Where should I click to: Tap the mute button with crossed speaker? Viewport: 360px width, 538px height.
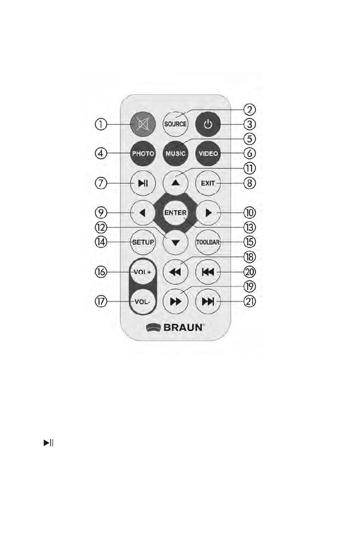(142, 124)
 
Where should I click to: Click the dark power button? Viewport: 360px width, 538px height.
(208, 124)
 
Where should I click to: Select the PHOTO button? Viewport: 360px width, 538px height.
(142, 153)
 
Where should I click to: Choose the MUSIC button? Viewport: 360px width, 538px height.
(175, 153)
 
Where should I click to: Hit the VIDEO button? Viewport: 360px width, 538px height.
(208, 153)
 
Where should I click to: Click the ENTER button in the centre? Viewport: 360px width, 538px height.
(175, 213)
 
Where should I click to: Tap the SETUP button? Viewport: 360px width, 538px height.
(142, 242)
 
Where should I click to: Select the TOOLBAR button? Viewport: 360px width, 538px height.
(208, 242)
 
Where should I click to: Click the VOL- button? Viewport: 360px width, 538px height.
(142, 302)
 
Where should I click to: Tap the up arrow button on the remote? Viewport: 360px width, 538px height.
(175, 183)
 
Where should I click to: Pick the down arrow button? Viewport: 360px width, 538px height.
(175, 242)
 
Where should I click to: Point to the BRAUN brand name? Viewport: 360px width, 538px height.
(184, 327)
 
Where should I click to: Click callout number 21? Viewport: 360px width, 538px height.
(250, 302)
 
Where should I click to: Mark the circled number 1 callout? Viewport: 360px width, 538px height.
(101, 124)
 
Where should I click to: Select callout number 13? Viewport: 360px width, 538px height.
(250, 227)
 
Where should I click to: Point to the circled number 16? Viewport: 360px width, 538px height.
(101, 272)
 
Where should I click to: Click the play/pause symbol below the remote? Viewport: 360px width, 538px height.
(48, 443)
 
